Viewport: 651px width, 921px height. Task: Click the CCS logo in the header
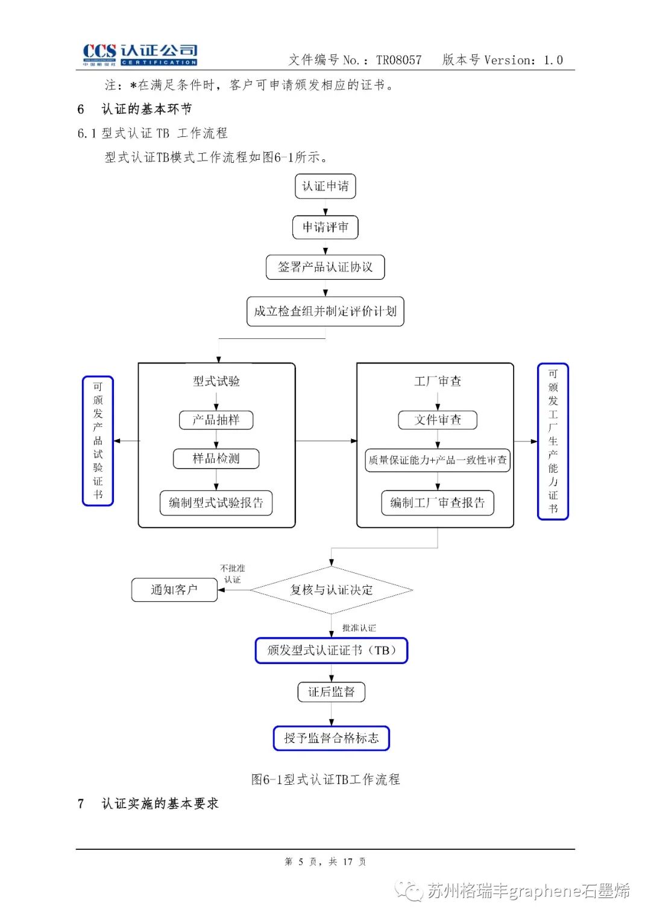140,54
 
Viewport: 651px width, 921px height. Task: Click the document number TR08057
398,60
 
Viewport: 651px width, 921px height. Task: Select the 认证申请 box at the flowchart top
325,186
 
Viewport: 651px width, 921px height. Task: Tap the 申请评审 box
325,227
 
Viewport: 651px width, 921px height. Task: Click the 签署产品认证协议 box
325,267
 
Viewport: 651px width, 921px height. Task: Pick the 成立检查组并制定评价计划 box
325,311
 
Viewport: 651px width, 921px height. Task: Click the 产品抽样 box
216,420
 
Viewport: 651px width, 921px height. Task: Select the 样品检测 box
216,458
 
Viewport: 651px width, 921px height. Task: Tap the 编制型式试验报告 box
216,503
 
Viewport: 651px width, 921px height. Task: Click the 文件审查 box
437,420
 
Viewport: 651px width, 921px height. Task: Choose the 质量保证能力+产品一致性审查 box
437,460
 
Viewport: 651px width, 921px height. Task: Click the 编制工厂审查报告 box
437,503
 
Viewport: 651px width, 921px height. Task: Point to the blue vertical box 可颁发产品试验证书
98,441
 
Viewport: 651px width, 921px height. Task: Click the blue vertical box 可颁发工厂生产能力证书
552,441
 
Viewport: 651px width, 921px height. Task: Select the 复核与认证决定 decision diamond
331,590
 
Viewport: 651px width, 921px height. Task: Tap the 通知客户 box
174,590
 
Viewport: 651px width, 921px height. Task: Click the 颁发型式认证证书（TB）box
331,651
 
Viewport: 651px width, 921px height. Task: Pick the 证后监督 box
331,692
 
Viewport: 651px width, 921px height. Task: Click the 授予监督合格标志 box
331,738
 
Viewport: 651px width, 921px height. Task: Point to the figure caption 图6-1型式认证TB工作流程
325,779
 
